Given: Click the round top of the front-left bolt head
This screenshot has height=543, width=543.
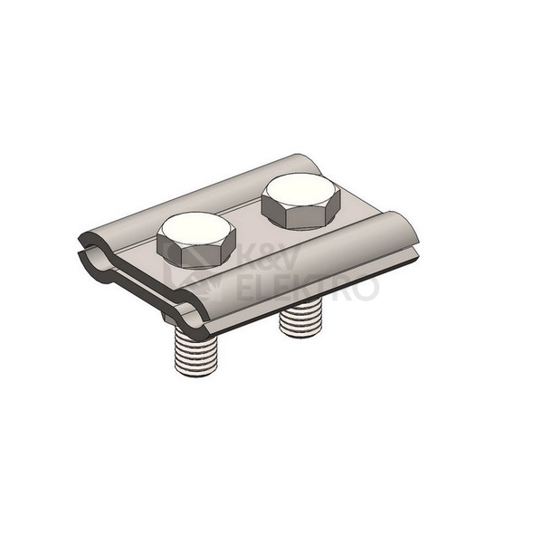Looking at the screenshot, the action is (196, 229).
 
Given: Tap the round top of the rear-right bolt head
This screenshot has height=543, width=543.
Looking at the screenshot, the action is (300, 191).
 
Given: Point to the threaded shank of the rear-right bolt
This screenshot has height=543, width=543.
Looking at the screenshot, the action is (300, 318).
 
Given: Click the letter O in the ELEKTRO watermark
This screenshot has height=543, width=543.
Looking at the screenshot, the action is (366, 287).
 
